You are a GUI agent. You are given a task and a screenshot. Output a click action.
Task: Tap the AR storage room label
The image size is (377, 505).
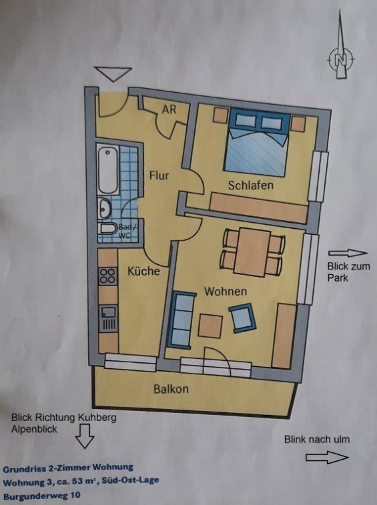[169, 109]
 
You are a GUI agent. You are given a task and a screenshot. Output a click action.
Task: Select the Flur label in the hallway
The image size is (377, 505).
[159, 175]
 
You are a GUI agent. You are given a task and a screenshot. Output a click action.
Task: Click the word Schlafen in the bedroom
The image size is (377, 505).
[251, 185]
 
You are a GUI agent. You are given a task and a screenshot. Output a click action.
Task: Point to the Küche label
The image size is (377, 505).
[143, 271]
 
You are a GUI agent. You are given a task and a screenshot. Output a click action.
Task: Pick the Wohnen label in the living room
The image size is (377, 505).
[226, 292]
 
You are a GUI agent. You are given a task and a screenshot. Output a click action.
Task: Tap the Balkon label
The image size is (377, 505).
[171, 389]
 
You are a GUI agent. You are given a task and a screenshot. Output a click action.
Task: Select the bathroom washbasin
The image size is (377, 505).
[105, 208]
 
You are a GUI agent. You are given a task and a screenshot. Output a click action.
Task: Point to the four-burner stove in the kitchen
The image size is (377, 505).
[107, 276]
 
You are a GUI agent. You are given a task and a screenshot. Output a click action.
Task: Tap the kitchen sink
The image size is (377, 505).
[108, 319]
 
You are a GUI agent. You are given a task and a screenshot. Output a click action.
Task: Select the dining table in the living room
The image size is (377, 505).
[253, 252]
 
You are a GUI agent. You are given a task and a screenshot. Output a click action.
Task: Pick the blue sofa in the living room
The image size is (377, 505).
[181, 320]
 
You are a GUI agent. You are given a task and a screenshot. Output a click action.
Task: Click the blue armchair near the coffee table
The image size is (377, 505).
[242, 318]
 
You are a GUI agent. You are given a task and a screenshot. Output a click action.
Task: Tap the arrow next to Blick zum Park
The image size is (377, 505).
[348, 253]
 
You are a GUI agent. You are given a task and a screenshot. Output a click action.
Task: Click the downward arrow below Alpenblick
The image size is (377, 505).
[85, 436]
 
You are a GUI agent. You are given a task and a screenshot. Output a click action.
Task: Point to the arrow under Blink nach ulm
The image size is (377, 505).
[327, 458]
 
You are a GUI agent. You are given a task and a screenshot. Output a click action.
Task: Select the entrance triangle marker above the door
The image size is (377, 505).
[113, 74]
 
